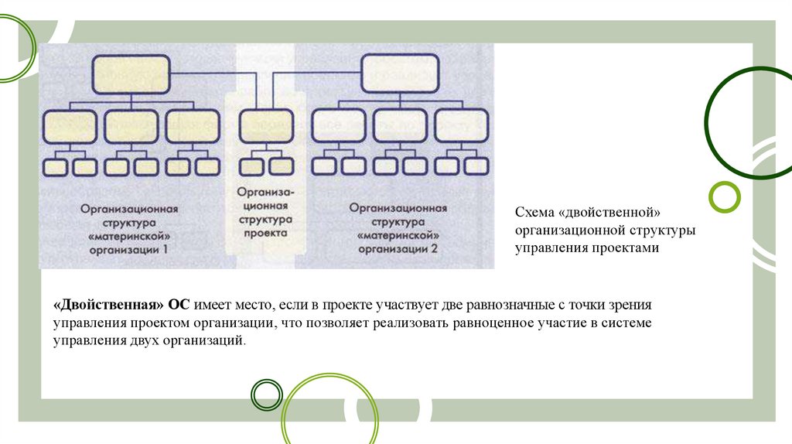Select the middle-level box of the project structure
pos(266,125)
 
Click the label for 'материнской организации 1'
pos(130,229)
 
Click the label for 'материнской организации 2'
pos(398,229)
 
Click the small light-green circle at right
pos(725,196)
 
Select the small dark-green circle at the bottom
pos(267,394)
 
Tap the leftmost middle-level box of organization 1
pos(70,125)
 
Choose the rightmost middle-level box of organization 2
pos(461,125)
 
